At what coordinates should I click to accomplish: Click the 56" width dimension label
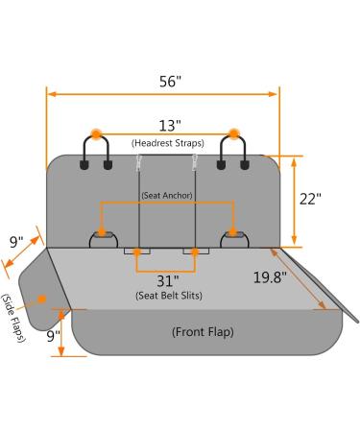pyautogui.click(x=170, y=82)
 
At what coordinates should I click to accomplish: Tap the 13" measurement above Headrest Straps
pyautogui.click(x=170, y=126)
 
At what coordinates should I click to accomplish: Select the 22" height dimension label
pyautogui.click(x=310, y=199)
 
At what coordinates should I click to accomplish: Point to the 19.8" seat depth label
pyautogui.click(x=270, y=277)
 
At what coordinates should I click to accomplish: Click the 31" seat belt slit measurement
pyautogui.click(x=168, y=281)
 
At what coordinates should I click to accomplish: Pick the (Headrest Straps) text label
pyautogui.click(x=168, y=143)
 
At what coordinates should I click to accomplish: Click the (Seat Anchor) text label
pyautogui.click(x=167, y=195)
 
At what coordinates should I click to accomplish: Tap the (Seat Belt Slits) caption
pyautogui.click(x=169, y=296)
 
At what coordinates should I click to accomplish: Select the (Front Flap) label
pyautogui.click(x=203, y=332)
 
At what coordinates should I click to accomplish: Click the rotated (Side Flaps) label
pyautogui.click(x=13, y=318)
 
